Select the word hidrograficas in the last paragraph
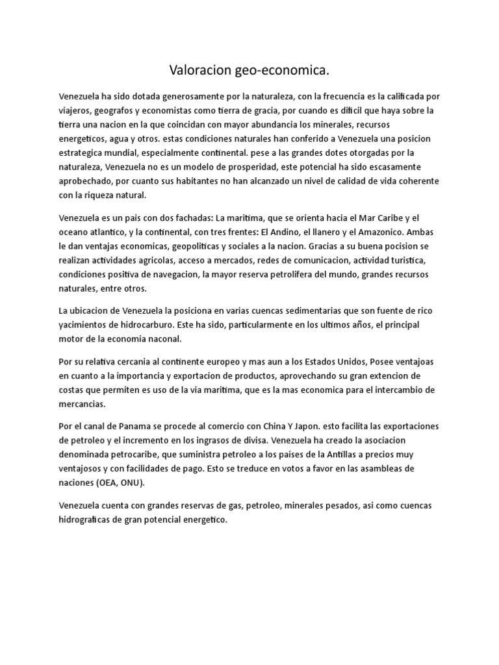(x=86, y=520)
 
